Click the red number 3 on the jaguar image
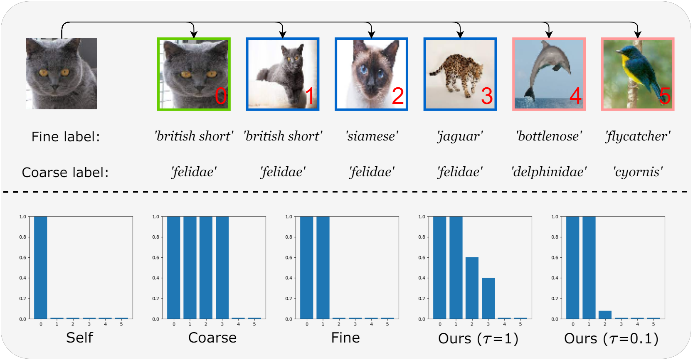click(487, 96)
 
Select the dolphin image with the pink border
click(549, 74)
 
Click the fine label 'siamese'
click(372, 136)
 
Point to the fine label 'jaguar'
click(460, 136)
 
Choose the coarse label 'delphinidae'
click(549, 172)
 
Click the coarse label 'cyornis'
click(638, 172)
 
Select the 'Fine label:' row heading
click(66, 137)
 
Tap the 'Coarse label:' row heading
click(65, 173)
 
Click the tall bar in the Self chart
click(41, 268)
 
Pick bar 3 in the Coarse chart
click(222, 268)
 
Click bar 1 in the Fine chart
click(323, 268)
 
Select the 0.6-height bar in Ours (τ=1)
click(472, 288)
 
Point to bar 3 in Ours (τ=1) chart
click(488, 298)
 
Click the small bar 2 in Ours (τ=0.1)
click(605, 315)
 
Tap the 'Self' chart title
click(79, 338)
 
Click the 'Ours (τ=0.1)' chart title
click(611, 339)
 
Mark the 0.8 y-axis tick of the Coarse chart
click(156, 237)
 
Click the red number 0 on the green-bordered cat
click(221, 96)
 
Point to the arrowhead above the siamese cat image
click(371, 35)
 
